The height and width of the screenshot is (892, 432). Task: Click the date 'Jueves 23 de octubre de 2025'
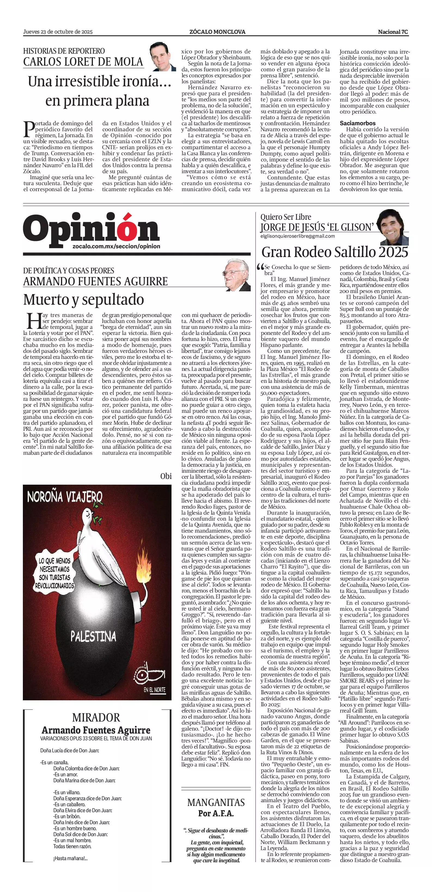coord(58,32)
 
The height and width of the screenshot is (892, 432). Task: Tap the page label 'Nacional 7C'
coord(393,32)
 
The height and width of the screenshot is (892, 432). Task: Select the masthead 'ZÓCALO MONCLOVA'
coord(217,32)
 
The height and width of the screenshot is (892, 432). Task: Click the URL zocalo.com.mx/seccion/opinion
coord(117,246)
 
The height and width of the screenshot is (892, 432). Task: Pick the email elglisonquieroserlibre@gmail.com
coord(298,236)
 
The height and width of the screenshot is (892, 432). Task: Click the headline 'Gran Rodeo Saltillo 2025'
coord(335,252)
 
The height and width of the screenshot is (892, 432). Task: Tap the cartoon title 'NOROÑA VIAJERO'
coord(65,497)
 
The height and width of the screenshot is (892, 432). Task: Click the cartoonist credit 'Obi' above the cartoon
coord(166,476)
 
